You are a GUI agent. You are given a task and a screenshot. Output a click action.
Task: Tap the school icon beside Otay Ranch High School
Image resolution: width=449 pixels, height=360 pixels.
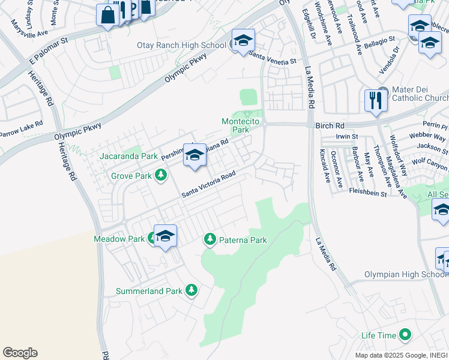(243, 41)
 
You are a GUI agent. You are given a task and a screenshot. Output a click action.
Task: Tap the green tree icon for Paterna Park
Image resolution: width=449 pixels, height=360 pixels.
(209, 240)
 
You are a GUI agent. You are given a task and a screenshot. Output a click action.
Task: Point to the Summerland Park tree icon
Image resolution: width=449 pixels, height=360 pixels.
(191, 291)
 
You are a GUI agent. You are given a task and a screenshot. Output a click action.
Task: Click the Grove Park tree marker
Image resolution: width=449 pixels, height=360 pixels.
(160, 176)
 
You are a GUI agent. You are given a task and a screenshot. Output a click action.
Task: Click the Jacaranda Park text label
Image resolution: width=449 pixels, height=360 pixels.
(129, 157)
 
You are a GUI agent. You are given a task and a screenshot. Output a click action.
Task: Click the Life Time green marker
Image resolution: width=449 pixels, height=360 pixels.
(405, 335)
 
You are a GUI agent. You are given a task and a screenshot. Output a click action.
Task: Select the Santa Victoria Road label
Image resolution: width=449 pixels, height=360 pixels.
(208, 187)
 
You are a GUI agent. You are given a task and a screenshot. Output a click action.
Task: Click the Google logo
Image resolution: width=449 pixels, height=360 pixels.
(20, 353)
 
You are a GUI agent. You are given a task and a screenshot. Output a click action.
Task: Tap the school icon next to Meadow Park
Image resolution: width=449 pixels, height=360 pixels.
(165, 236)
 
